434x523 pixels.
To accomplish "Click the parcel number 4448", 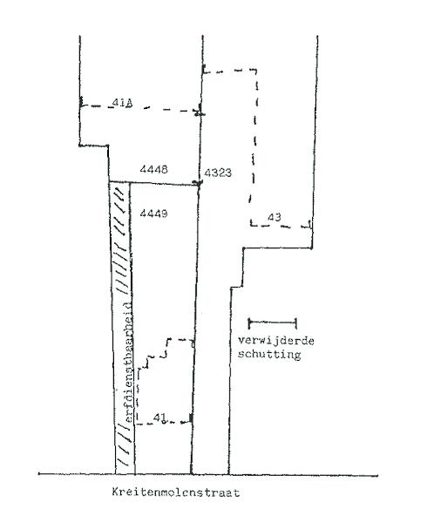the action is coord(153,169).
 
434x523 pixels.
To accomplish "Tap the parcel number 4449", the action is coord(153,214).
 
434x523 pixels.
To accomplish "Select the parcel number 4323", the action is coord(218,173).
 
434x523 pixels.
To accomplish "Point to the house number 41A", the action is coord(122,103).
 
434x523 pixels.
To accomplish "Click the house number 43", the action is coord(275,217).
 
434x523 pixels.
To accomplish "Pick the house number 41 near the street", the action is coord(159,418).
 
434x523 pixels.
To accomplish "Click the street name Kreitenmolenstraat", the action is coord(176,492).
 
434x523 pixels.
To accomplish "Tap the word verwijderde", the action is coord(276,341).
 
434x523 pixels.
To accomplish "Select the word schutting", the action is coord(269,354).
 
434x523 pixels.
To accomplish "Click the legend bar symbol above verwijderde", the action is coord(273,323).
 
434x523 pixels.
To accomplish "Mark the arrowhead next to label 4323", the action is coord(198,183).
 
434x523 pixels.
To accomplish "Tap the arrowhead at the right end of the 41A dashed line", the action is coord(200,112).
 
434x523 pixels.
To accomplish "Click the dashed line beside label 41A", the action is coord(140,107).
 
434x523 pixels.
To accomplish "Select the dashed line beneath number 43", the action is coord(281,226).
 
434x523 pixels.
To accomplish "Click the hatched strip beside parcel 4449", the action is coord(122,328).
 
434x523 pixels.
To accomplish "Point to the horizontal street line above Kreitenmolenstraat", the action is coord(207,474).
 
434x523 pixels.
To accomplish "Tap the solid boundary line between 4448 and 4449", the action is coord(154,183).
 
